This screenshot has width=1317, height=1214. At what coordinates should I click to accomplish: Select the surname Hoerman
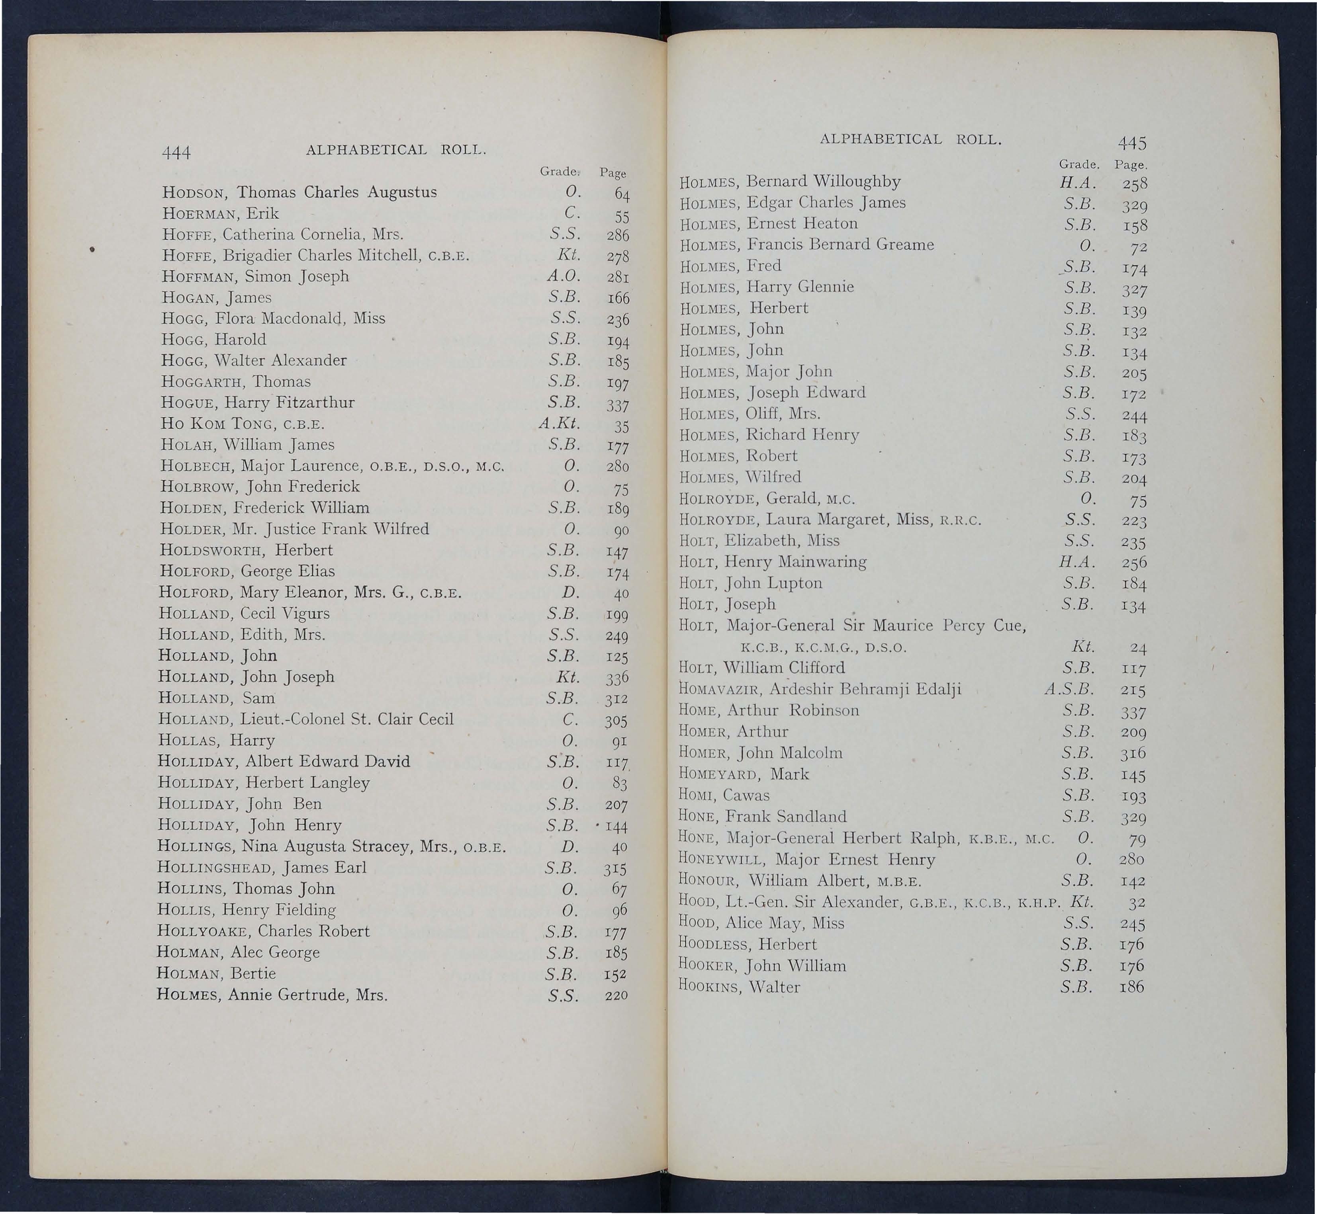tap(193, 214)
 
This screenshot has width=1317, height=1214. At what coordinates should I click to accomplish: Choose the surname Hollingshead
tap(217, 868)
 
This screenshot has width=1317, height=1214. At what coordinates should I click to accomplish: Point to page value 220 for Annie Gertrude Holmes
tap(616, 996)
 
